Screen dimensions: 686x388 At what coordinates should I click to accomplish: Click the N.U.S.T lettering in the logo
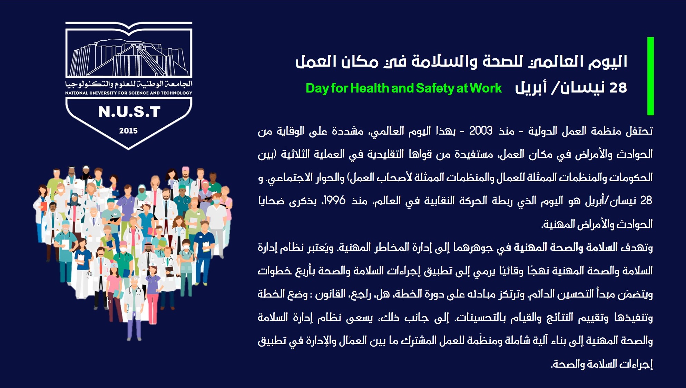coord(129,112)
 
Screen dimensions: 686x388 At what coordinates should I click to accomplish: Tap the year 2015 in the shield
coord(128,131)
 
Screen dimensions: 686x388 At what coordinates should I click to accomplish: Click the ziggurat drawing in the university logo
coord(129,58)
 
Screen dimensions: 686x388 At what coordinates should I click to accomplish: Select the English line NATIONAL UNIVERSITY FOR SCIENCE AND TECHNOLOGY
coord(129,93)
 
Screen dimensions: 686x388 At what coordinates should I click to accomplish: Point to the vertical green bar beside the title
coord(650,76)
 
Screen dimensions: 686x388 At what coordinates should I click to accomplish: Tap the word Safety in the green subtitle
coord(435,89)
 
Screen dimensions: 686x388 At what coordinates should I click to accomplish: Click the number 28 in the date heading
coord(618,88)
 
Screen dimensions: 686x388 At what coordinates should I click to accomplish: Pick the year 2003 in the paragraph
coord(481,131)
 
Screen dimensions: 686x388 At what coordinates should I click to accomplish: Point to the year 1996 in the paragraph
coord(334,201)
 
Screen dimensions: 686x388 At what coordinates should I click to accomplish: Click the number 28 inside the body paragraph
coord(646,201)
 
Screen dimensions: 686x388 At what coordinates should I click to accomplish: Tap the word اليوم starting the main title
coord(608,61)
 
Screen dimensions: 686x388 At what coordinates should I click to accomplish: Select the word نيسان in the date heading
coord(582,88)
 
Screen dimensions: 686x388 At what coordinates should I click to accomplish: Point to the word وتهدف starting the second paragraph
coord(638,248)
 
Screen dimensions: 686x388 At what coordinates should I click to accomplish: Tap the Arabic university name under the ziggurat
coord(129,84)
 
